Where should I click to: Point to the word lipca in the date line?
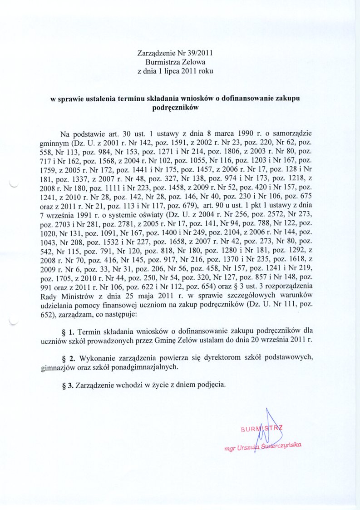coord(174,71)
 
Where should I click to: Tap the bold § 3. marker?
coord(67,384)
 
